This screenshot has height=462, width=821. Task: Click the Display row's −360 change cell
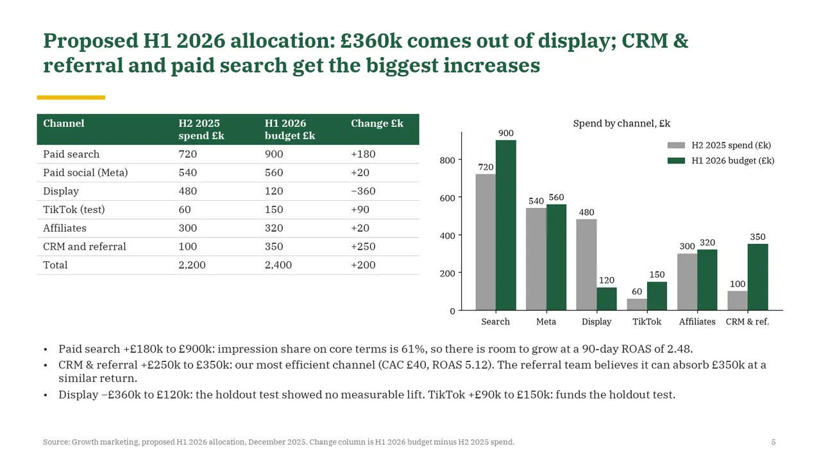click(363, 191)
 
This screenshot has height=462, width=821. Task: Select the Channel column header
click(63, 123)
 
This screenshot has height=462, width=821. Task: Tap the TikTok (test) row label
click(74, 210)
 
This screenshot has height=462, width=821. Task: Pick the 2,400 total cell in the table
click(278, 265)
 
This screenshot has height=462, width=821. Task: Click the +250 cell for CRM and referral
click(363, 246)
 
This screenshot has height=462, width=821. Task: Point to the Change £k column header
click(377, 123)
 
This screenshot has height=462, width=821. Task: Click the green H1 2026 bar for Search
click(506, 225)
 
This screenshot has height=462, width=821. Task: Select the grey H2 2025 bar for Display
click(586, 265)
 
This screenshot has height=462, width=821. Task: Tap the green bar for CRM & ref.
click(758, 277)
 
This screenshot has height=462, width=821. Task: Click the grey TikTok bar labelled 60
click(637, 304)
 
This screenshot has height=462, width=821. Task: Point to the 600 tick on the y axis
click(447, 198)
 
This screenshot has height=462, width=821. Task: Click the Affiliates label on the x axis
click(697, 321)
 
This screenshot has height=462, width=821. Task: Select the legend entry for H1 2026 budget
click(720, 160)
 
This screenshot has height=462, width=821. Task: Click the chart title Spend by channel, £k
click(622, 124)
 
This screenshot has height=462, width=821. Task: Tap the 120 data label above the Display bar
click(606, 280)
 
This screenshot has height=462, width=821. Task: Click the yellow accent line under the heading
click(71, 98)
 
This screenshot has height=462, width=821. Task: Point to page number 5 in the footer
click(774, 442)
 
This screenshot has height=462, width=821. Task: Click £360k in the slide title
click(371, 40)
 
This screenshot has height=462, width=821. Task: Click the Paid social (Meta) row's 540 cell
click(188, 173)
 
